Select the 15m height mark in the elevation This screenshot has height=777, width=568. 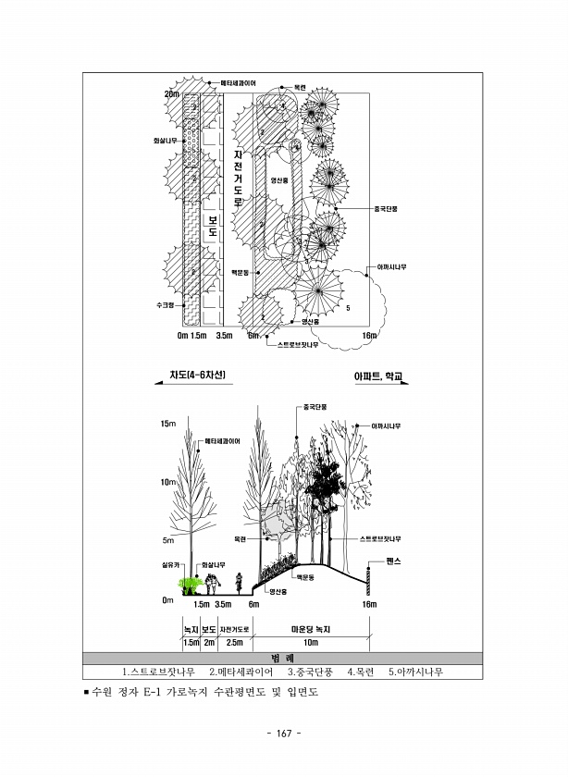(x=167, y=424)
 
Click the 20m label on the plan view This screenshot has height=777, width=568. (x=171, y=93)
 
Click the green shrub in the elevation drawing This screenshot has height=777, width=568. (x=191, y=583)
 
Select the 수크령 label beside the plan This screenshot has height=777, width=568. (x=165, y=303)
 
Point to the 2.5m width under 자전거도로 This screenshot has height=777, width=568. (x=235, y=642)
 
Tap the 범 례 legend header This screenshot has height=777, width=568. (x=283, y=657)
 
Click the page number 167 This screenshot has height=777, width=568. (x=284, y=734)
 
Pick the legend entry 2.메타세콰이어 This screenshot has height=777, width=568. (x=241, y=671)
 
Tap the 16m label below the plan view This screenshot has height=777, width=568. (x=369, y=335)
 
